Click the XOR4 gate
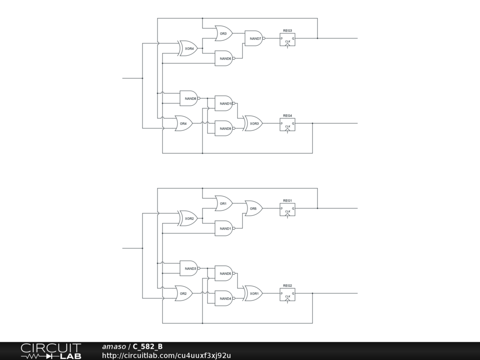click(188, 48)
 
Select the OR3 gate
click(224, 33)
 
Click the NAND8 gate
click(189, 98)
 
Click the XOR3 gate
click(254, 123)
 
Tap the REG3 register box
click(287, 39)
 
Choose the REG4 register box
click(287, 124)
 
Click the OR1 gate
click(224, 203)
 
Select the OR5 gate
click(254, 208)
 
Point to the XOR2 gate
click(188, 218)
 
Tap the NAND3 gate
click(189, 269)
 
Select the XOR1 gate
click(254, 293)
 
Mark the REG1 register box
click(287, 210)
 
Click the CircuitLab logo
click(51, 351)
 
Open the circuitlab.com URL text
click(166, 356)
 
